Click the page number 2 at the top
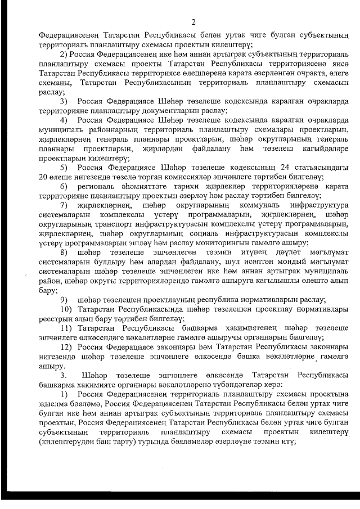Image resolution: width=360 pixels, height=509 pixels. point(193,23)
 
